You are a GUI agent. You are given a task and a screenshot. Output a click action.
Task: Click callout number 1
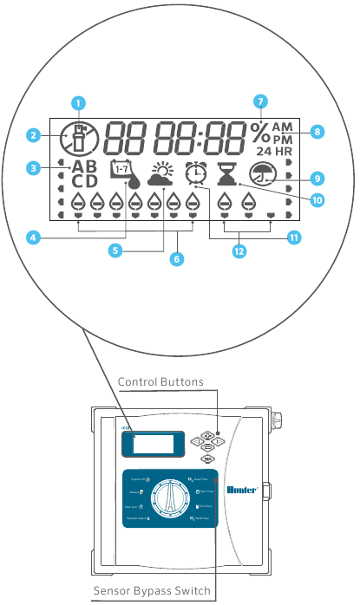pyautogui.click(x=78, y=101)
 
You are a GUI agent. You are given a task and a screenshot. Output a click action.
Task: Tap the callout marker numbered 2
pyautogui.click(x=33, y=135)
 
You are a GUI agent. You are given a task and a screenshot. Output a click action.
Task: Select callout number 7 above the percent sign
pyautogui.click(x=260, y=101)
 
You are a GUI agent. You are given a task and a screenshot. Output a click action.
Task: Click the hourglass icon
pyautogui.click(x=227, y=175)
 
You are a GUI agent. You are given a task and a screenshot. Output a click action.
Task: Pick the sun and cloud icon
pyautogui.click(x=160, y=175)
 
